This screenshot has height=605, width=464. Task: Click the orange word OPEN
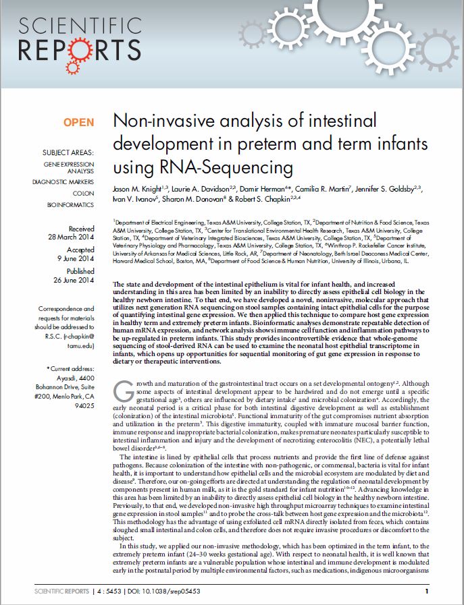(78, 122)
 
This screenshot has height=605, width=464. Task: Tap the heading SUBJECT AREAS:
(68, 152)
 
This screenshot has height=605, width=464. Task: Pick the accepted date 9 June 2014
(76, 258)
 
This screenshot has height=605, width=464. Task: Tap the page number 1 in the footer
(427, 592)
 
